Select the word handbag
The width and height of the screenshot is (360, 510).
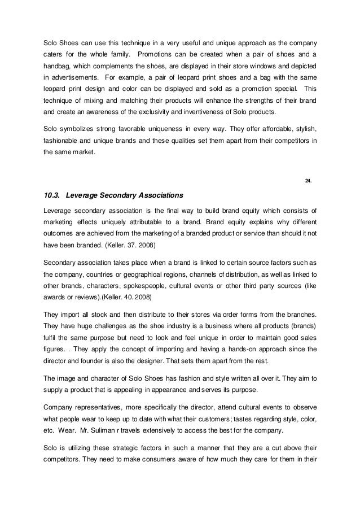[x=59, y=67]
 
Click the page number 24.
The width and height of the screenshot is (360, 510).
[x=308, y=181]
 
